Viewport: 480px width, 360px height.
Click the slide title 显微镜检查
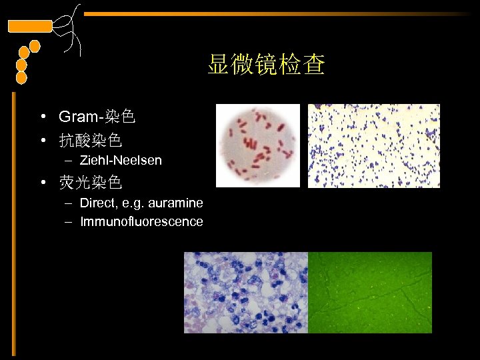tap(266, 65)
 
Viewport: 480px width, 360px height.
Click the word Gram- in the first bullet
tap(79, 117)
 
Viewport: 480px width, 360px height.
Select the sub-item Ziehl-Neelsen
tap(121, 161)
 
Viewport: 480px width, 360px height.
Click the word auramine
tap(178, 203)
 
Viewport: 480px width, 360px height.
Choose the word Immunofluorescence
tap(141, 221)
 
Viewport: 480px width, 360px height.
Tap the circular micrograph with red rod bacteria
tap(255, 146)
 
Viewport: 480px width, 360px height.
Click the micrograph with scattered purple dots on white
tap(373, 146)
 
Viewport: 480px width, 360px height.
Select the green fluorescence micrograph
tap(370, 292)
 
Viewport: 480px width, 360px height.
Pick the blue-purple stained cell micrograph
tap(246, 292)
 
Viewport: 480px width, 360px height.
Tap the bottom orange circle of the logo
tap(21, 78)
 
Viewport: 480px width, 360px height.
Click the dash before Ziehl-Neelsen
tap(70, 161)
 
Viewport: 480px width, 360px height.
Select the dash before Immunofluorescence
tap(70, 221)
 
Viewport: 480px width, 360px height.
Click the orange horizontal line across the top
tap(280, 13)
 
